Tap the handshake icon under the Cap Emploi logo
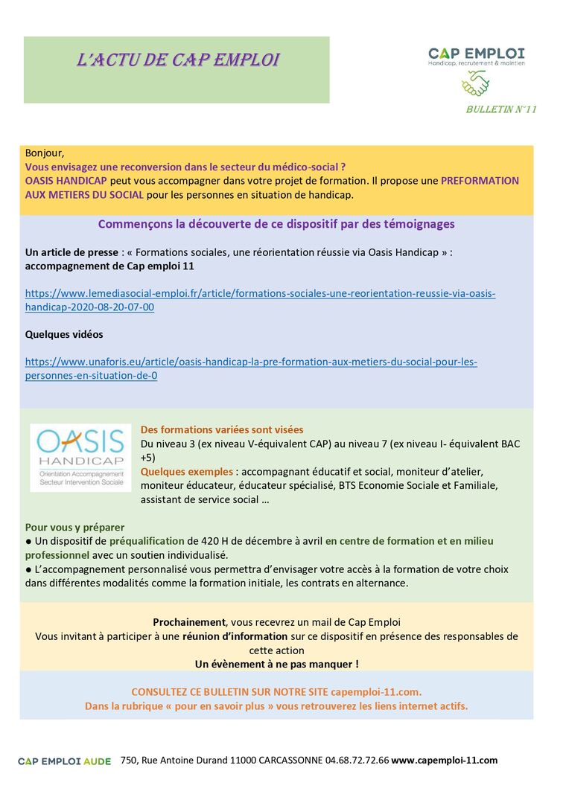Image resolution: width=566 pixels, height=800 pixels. [x=475, y=83]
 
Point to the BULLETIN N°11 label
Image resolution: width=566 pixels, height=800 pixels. [x=500, y=109]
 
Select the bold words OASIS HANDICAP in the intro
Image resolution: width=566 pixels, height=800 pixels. [x=66, y=181]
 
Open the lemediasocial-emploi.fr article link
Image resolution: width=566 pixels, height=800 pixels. [x=260, y=300]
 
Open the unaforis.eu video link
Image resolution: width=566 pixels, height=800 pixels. [x=251, y=368]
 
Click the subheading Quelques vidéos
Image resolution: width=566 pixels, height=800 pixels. [x=64, y=334]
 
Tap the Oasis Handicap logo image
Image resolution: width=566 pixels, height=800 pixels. [x=80, y=457]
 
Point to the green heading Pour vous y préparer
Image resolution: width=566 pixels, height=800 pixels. [x=74, y=528]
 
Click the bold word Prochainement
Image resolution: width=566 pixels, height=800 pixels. [x=189, y=622]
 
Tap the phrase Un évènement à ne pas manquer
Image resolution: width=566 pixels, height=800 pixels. [x=276, y=663]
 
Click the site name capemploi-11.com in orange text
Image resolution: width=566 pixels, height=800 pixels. [x=378, y=691]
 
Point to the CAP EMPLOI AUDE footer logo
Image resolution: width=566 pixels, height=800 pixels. [x=64, y=761]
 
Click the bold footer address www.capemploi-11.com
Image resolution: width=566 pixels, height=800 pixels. [x=444, y=761]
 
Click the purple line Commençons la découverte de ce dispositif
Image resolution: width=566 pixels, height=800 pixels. [x=276, y=224]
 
